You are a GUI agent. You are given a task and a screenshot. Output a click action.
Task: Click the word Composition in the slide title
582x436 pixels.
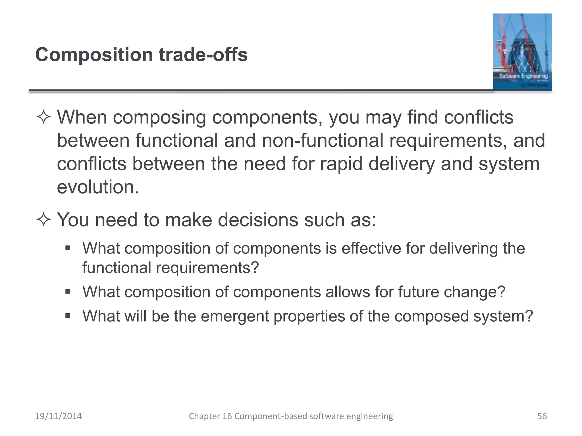tap(94, 54)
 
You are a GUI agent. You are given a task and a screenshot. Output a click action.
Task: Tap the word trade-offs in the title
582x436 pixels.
tap(203, 54)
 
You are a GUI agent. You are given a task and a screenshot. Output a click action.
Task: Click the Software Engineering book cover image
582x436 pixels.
tap(522, 52)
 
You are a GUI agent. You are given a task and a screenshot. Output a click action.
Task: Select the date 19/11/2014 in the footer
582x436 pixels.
tap(58, 416)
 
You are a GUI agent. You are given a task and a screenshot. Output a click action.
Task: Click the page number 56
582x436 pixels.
tap(542, 416)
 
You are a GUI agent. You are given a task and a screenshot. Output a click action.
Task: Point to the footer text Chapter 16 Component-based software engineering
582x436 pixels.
tap(291, 416)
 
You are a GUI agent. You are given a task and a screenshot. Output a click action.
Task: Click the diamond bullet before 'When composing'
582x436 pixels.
tap(43, 117)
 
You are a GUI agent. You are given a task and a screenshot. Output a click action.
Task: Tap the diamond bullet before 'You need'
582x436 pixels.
tap(43, 220)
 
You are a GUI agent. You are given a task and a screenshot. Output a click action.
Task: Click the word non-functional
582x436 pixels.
tap(322, 141)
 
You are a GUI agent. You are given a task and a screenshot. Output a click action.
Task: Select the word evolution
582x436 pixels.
tap(98, 187)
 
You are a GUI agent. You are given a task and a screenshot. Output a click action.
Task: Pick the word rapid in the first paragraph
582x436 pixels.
tap(341, 164)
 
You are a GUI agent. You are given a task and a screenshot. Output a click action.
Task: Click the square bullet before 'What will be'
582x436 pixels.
tap(68, 316)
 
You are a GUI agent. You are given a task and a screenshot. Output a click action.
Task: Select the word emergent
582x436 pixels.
tap(235, 316)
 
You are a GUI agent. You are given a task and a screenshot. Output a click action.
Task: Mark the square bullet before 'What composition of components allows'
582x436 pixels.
tap(68, 292)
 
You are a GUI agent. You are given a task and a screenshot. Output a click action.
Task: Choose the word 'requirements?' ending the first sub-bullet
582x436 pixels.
tap(207, 268)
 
